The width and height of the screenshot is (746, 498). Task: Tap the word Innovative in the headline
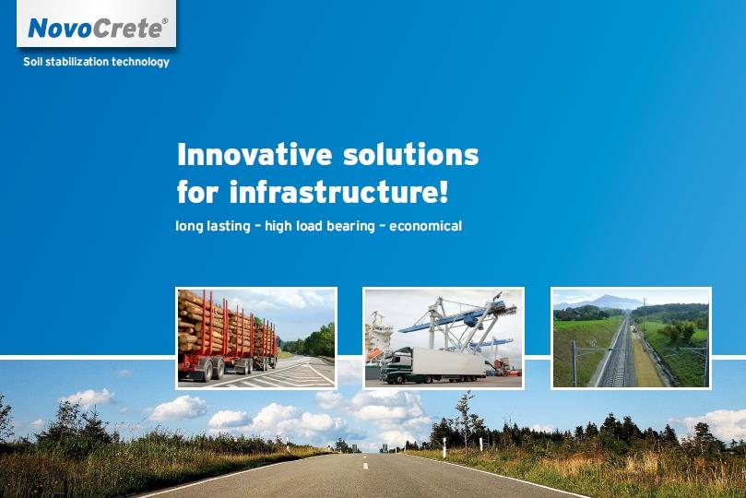[x=255, y=154]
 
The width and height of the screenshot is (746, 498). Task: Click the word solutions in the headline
[x=411, y=154]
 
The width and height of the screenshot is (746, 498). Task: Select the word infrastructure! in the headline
[x=338, y=191]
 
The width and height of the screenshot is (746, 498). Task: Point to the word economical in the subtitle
[x=425, y=225]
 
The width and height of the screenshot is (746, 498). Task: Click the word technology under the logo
[x=140, y=62]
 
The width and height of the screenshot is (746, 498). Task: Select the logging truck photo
[x=256, y=338]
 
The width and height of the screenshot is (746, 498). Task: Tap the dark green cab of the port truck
[x=396, y=365]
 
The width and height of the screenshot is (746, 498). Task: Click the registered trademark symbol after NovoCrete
[x=165, y=21]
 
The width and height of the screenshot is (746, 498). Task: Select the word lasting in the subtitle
[x=229, y=226]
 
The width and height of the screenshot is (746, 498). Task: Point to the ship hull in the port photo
[x=376, y=343]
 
